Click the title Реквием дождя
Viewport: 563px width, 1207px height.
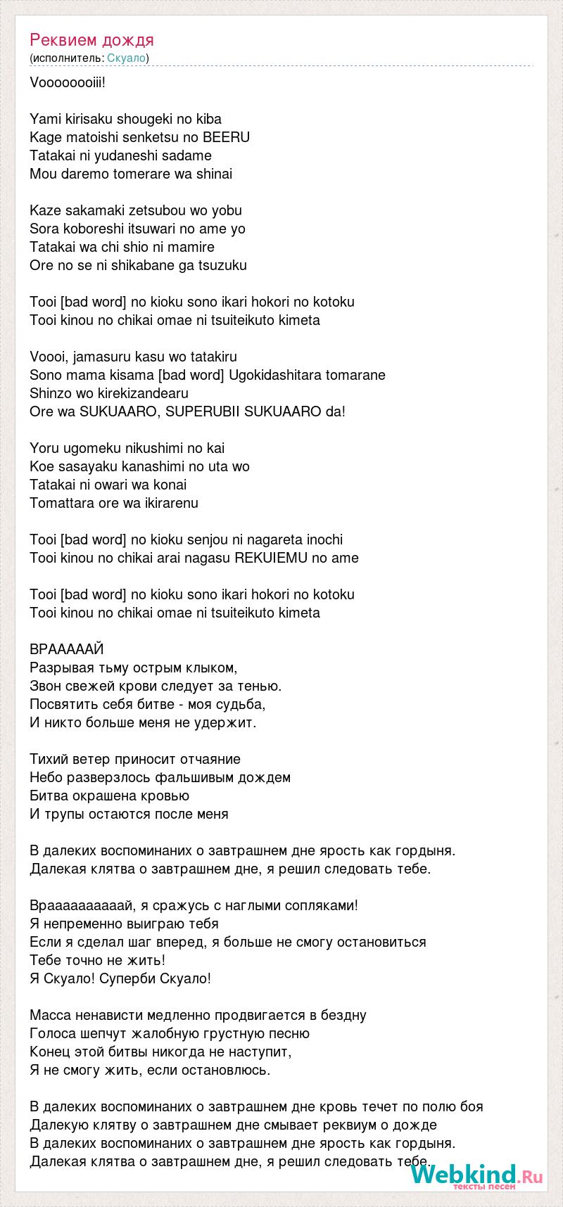91,39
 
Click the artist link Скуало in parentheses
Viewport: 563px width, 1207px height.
127,58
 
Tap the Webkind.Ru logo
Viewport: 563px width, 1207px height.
476,1175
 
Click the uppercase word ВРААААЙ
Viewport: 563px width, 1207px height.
68,649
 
